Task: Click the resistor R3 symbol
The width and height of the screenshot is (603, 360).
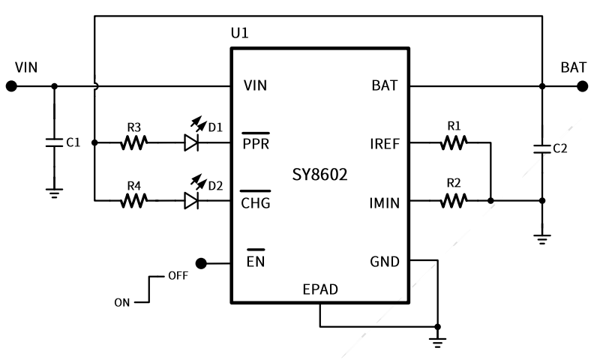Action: click(x=134, y=142)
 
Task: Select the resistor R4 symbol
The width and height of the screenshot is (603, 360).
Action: click(x=134, y=200)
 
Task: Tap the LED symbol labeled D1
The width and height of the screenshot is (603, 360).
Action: click(x=192, y=142)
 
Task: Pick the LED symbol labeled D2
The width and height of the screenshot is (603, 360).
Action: click(x=192, y=200)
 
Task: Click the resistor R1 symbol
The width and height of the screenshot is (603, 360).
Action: click(x=453, y=142)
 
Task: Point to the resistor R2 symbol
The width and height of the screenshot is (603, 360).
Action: click(x=453, y=200)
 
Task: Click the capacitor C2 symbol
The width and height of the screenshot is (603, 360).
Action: click(x=541, y=148)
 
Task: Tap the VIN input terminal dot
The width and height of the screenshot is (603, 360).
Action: click(x=11, y=85)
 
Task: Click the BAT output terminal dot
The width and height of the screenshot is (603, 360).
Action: click(x=582, y=85)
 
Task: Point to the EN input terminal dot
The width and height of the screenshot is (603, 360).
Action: click(x=201, y=263)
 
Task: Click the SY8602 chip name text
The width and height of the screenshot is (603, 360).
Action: click(x=320, y=175)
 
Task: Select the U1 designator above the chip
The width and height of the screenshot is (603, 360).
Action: click(x=239, y=34)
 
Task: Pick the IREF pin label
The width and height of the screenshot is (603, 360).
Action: click(x=385, y=143)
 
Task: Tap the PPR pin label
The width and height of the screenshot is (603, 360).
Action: click(x=256, y=143)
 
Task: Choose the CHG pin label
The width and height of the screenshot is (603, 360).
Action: click(x=256, y=202)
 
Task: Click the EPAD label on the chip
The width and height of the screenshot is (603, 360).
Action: click(x=320, y=289)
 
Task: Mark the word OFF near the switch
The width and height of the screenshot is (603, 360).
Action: click(x=178, y=275)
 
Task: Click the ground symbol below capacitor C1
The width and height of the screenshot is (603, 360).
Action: click(x=53, y=191)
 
